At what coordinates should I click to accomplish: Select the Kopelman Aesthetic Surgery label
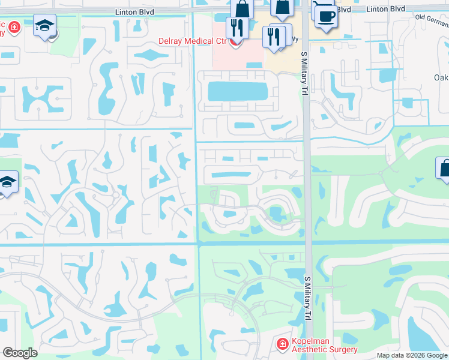[x=325, y=345]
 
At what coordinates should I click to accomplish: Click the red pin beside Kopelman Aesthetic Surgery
[x=282, y=344]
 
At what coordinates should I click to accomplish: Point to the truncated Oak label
[x=441, y=77]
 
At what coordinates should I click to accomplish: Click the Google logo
[x=20, y=353]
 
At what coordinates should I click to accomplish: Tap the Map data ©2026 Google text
[x=412, y=355]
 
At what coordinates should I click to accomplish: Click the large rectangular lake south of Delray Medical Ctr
[x=237, y=92]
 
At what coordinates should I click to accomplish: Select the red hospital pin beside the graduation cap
[x=13, y=27]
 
